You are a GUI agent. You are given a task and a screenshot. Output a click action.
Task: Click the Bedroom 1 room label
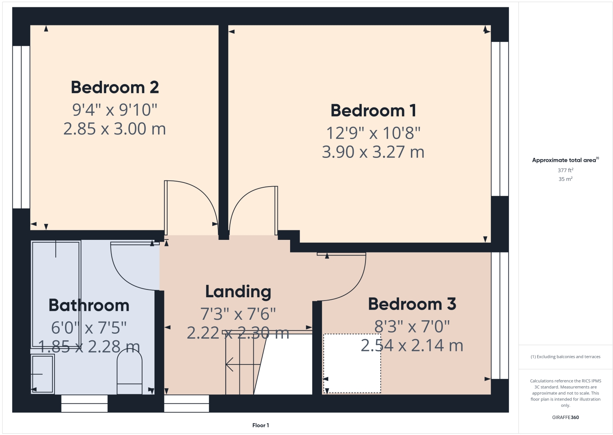[373, 111]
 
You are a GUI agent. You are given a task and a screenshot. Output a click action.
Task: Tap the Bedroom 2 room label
[115, 87]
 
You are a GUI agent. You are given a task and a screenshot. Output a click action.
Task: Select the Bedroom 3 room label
[412, 304]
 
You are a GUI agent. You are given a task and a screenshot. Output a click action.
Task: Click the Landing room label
[238, 292]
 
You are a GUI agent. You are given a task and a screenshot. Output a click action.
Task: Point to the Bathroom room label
[89, 305]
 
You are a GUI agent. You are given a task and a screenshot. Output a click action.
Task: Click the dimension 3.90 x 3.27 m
[373, 152]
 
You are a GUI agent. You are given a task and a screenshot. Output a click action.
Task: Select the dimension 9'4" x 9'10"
[115, 110]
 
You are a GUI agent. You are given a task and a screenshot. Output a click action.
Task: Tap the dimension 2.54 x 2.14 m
[412, 346]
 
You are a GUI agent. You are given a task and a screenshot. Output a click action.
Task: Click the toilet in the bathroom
[129, 373]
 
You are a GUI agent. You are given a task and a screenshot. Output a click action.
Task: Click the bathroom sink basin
[43, 374]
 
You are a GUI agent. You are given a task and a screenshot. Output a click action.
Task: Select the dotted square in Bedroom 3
[352, 364]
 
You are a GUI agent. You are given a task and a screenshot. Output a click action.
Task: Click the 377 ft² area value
[565, 170]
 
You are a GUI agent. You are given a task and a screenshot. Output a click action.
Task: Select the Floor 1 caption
[261, 425]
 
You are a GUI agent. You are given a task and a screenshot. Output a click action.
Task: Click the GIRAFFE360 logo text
[565, 417]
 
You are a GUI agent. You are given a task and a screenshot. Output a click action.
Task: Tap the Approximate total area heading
[565, 160]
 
